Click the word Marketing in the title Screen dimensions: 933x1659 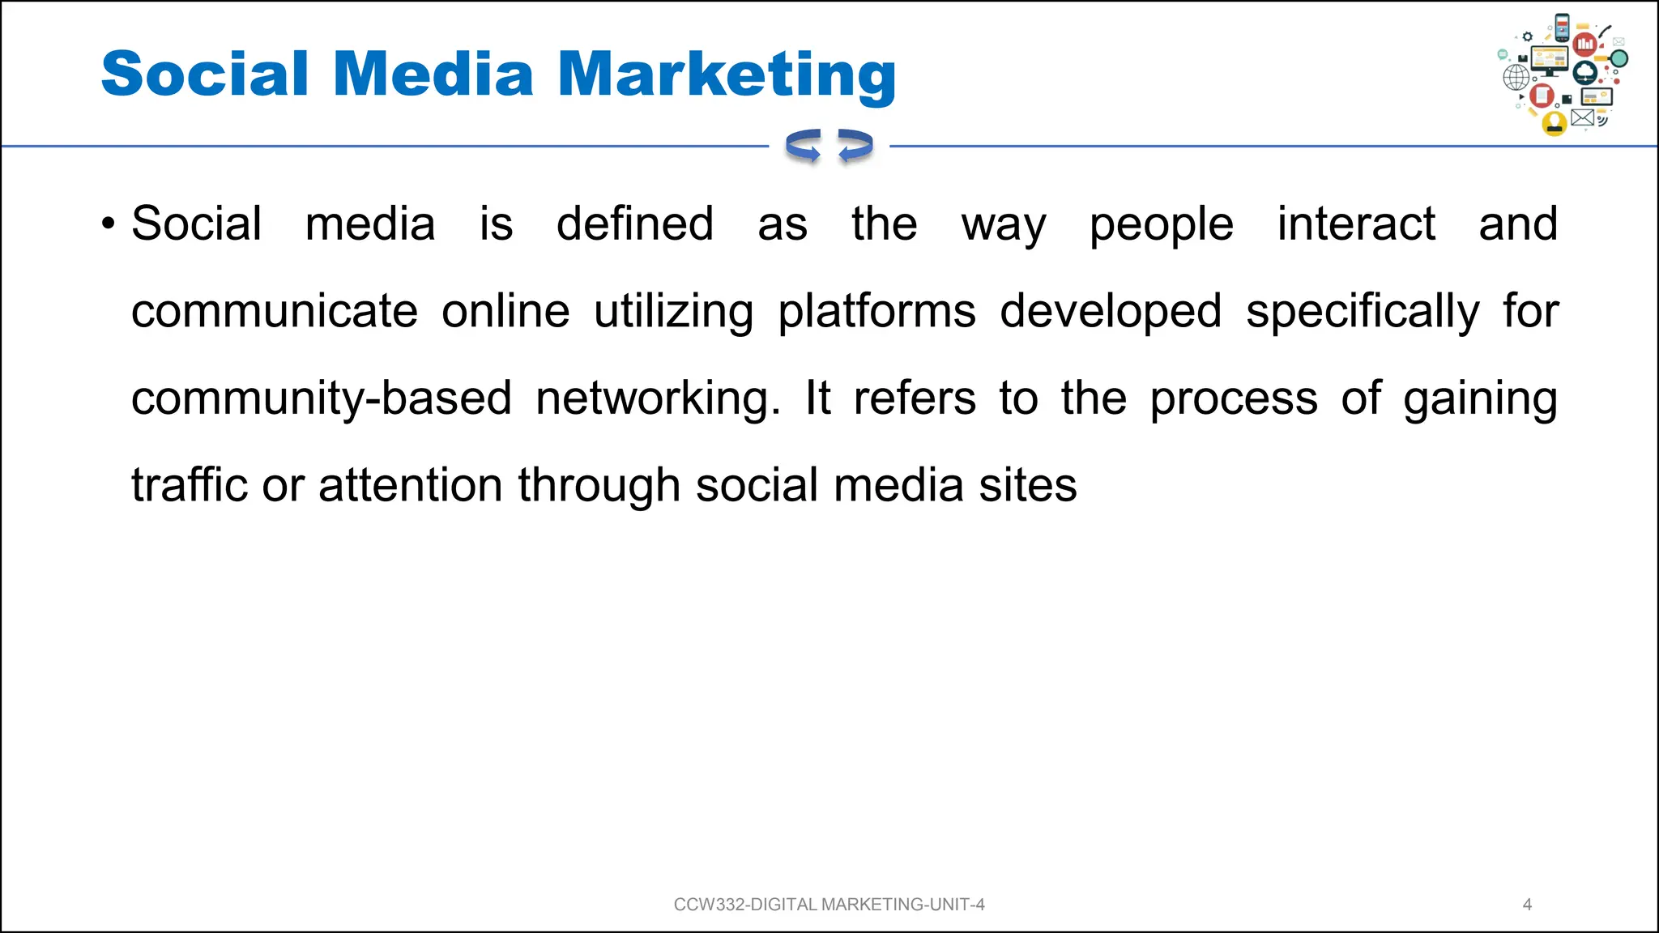point(727,75)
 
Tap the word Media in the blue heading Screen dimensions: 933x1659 point(433,75)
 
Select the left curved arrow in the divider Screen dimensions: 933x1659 point(804,147)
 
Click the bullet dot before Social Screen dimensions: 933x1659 point(109,224)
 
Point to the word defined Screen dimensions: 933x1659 point(634,224)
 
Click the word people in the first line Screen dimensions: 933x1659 point(1161,226)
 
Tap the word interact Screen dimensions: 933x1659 point(1356,224)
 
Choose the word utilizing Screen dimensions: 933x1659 point(673,313)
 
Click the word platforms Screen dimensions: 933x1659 point(876,313)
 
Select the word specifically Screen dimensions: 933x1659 point(1362,313)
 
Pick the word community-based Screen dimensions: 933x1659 point(321,399)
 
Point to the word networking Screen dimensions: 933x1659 point(658,399)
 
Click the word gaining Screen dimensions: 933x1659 point(1480,399)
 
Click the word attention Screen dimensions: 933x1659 point(410,486)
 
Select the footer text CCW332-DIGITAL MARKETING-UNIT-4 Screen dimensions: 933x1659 point(829,905)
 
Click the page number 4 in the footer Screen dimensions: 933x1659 point(1527,905)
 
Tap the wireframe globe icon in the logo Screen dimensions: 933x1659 point(1516,78)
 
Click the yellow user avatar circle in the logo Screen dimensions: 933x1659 point(1554,123)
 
